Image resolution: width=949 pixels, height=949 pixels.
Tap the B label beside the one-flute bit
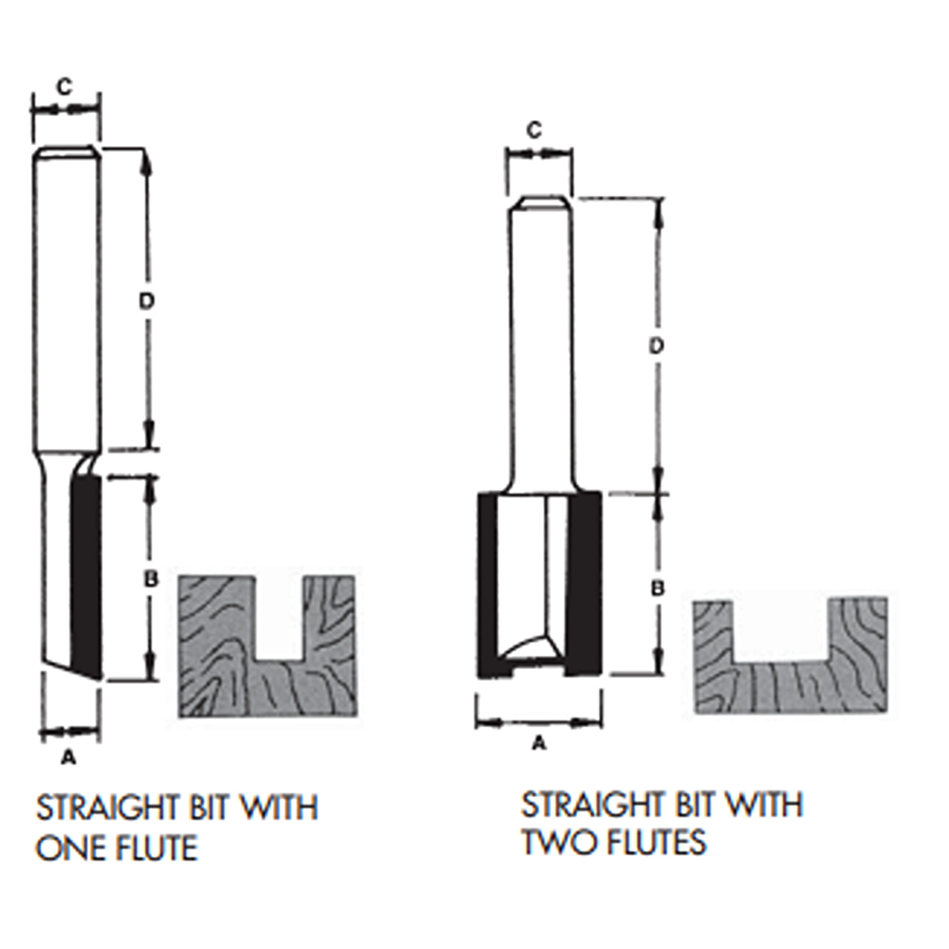tap(151, 580)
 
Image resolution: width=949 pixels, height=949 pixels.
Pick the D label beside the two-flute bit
tap(656, 346)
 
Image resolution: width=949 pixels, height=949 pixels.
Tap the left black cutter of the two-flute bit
tap(487, 585)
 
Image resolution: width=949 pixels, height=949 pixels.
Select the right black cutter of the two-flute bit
tap(585, 585)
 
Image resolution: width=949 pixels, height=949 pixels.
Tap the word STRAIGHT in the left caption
tap(107, 808)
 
